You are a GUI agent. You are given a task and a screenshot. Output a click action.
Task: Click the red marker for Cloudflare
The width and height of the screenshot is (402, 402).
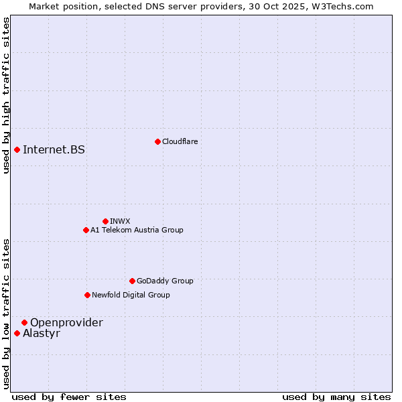[157, 141]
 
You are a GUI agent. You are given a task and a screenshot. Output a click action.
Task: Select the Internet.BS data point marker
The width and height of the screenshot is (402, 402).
[17, 149]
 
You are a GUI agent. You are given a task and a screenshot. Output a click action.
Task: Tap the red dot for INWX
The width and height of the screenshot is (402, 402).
[105, 221]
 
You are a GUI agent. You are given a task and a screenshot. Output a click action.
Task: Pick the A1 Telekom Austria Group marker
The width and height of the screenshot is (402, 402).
[86, 230]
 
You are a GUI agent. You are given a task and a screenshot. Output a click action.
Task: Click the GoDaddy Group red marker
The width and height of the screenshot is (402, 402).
[132, 281]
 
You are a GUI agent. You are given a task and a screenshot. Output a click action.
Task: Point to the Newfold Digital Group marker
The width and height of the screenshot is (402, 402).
[87, 295]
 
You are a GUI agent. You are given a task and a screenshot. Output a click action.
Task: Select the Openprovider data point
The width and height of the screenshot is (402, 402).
[24, 322]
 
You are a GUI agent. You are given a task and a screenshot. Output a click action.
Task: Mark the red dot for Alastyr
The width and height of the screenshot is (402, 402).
[17, 333]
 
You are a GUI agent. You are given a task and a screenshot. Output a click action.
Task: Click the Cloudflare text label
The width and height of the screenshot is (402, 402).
[180, 141]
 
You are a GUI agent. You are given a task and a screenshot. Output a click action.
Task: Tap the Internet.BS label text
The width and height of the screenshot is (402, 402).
[54, 149]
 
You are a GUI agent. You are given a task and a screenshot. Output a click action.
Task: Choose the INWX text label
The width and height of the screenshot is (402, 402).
[120, 221]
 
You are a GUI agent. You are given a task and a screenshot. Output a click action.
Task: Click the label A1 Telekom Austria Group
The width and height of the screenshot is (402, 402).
[137, 230]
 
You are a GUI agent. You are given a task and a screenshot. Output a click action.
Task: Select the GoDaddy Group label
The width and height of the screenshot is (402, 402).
[165, 281]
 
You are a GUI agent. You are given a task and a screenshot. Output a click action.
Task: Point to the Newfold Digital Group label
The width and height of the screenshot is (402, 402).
[131, 295]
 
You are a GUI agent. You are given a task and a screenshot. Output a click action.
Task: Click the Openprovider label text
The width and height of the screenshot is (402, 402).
[66, 322]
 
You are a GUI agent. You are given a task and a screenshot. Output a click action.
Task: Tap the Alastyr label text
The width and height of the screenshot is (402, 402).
[42, 333]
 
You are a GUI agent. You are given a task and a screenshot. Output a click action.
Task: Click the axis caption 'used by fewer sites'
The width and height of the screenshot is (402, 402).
[69, 397]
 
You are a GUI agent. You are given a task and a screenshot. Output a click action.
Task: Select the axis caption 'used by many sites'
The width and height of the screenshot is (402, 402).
[336, 397]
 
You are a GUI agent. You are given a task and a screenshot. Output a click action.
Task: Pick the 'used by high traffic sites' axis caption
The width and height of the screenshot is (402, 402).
[6, 95]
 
